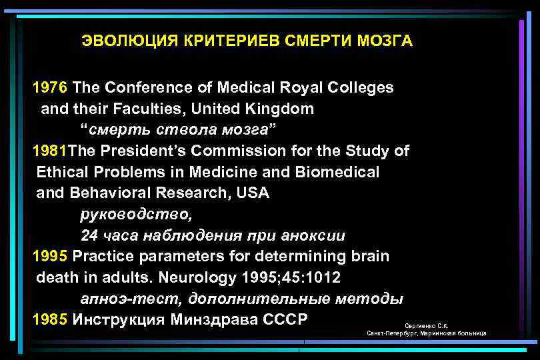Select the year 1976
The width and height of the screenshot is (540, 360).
click(x=50, y=87)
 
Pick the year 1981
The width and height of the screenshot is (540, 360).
click(x=50, y=151)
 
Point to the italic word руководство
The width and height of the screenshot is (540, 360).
click(x=136, y=215)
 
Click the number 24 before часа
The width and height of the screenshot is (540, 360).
click(x=89, y=235)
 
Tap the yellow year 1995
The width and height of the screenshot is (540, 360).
click(x=50, y=257)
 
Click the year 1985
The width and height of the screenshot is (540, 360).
click(x=50, y=319)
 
